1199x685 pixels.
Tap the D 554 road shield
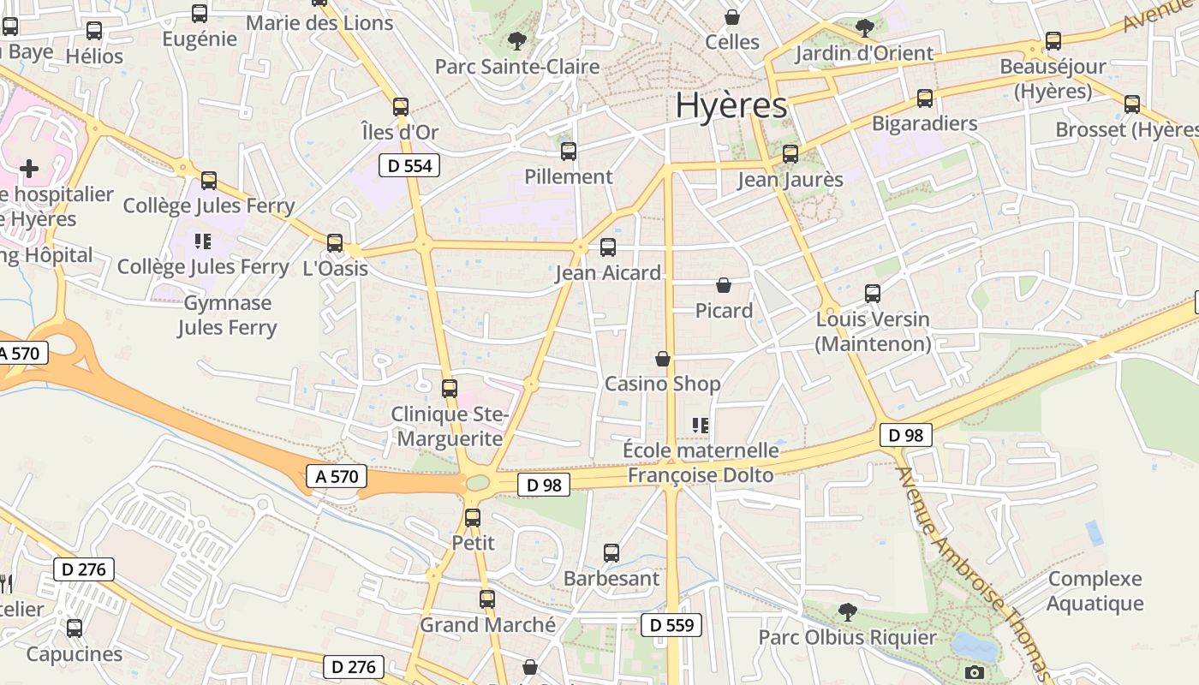[409, 165]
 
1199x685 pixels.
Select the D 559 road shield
[671, 625]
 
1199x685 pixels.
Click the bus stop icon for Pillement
[569, 152]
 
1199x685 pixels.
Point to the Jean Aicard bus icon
[608, 247]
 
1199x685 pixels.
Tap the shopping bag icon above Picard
[724, 285]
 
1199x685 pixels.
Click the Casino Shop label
[662, 384]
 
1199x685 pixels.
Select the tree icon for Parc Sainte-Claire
[516, 40]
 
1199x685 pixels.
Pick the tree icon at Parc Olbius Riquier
[848, 611]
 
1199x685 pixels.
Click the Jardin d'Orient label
[864, 53]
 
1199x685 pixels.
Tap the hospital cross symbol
[29, 168]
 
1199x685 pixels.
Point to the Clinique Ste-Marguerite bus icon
[450, 388]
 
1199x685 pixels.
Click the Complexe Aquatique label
[1095, 591]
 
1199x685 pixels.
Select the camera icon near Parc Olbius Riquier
[974, 672]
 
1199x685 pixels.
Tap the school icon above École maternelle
[701, 425]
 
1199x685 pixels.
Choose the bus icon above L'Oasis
[335, 243]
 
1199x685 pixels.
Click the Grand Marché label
[487, 625]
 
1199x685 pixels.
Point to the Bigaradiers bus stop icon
[925, 98]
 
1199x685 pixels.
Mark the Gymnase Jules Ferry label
[227, 315]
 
